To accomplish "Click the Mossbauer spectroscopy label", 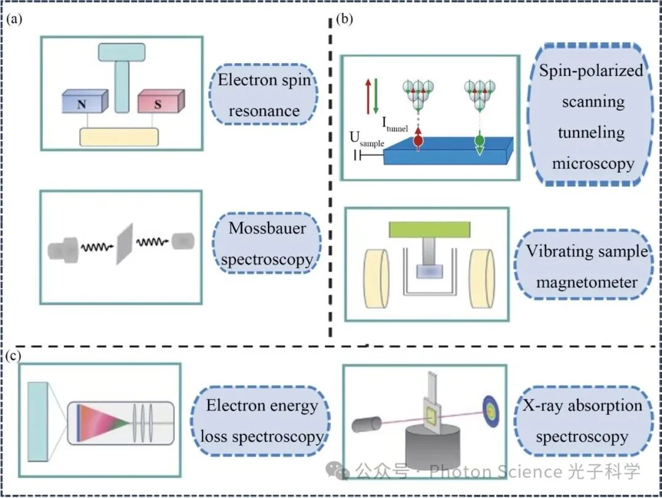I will [x=267, y=244].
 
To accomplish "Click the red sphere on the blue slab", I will [x=418, y=140].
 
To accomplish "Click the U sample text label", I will [x=367, y=141].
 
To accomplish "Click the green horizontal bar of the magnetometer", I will [x=429, y=230].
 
